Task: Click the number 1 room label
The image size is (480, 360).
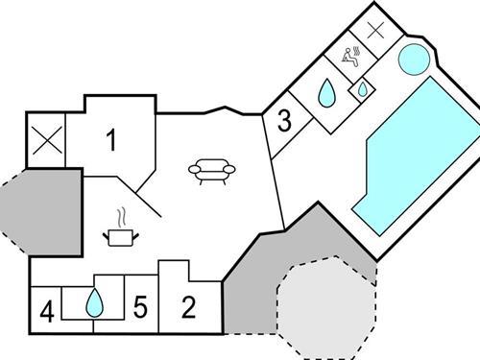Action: (110, 141)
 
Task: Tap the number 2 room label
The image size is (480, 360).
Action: (188, 307)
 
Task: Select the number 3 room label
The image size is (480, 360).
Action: (284, 121)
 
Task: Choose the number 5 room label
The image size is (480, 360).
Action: (139, 308)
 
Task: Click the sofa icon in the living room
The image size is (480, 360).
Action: (212, 171)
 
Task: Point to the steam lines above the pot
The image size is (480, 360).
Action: (121, 216)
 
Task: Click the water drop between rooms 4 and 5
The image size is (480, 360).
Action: (94, 303)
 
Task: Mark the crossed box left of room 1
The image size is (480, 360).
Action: (45, 141)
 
